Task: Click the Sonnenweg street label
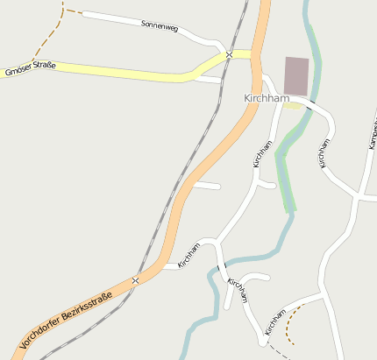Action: [x=160, y=26]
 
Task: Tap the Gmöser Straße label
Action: [x=30, y=69]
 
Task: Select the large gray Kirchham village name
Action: [x=267, y=99]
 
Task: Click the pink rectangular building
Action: [x=297, y=75]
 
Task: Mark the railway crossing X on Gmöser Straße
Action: [x=229, y=54]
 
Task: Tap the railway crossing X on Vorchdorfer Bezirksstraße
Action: [x=135, y=281]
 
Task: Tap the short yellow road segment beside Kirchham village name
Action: [x=297, y=103]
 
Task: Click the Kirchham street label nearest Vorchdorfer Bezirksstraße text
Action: [x=189, y=254]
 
